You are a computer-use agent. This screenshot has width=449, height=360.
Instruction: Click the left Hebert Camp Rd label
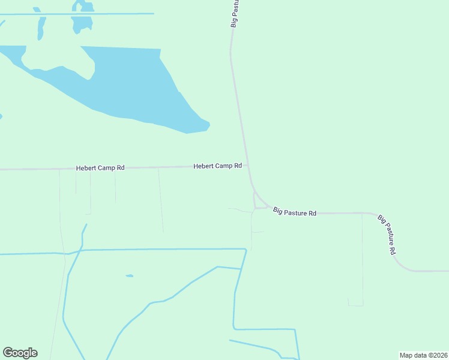100,168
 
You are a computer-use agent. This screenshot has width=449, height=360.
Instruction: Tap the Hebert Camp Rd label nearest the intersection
217,166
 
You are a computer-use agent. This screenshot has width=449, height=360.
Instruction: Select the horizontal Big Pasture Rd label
295,212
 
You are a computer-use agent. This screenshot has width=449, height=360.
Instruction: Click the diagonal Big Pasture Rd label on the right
387,235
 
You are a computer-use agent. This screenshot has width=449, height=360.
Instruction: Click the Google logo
20,353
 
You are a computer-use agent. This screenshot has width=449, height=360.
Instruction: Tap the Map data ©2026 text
423,355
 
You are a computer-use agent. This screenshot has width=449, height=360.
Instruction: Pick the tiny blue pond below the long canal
129,276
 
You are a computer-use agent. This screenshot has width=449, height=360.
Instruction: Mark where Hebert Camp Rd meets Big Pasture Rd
248,166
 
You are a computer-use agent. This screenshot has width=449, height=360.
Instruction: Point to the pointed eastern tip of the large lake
208,125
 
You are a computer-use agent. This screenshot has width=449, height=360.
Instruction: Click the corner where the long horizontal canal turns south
246,249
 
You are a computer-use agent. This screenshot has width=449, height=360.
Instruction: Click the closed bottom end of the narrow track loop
355,305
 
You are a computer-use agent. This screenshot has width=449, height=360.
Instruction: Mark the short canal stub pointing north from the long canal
85,231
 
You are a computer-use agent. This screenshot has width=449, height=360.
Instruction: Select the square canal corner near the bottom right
295,329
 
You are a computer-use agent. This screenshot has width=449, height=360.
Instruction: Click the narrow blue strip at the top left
41,28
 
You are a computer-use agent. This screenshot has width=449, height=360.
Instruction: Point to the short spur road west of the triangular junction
240,210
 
